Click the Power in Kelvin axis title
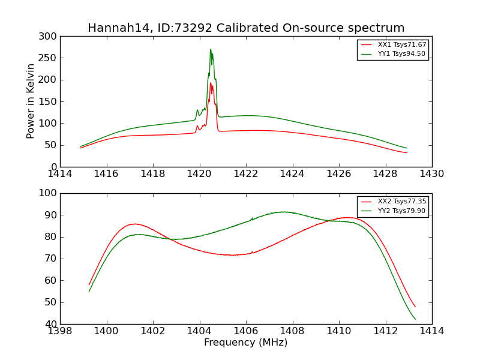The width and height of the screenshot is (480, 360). pos(31,101)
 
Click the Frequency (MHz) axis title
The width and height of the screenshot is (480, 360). pos(245,343)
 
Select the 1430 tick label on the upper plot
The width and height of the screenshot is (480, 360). pos(431,173)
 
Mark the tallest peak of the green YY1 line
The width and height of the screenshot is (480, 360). pos(211,50)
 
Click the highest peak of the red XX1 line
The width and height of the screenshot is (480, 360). pos(211,83)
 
